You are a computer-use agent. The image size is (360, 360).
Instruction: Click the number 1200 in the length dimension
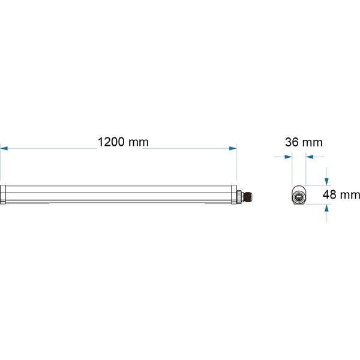[111, 142]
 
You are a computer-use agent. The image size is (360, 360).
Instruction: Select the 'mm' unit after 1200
[137, 142]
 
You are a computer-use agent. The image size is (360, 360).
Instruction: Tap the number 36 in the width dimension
[292, 142]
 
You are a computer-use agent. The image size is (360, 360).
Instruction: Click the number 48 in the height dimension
[329, 194]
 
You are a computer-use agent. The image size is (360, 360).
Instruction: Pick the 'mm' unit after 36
[312, 142]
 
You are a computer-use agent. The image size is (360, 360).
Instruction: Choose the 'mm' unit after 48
[350, 194]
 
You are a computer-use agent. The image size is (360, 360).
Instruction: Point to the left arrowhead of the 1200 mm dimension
[3, 147]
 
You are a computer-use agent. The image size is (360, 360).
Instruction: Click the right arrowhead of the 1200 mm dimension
[233, 147]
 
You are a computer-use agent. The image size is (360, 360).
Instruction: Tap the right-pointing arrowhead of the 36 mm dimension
[288, 158]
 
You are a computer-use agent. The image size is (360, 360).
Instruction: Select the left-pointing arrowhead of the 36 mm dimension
[309, 158]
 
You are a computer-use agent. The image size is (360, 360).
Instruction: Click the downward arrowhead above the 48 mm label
[327, 181]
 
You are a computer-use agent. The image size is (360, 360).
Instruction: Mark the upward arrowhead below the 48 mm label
[327, 208]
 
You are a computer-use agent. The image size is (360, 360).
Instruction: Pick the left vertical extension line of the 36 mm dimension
[292, 171]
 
